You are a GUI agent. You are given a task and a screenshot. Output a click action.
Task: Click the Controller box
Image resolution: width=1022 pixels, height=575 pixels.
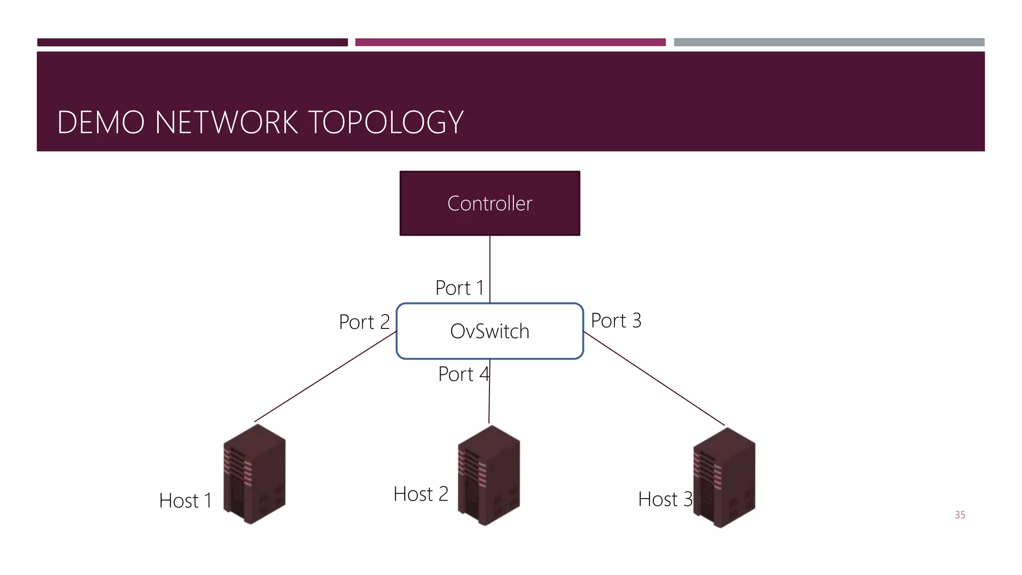[490, 203]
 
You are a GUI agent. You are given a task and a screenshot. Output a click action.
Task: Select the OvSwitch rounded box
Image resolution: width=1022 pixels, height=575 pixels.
[490, 331]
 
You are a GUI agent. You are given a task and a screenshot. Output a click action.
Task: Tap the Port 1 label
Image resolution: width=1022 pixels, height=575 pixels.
[459, 288]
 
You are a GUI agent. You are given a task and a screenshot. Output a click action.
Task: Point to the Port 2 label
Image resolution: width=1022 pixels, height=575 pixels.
[364, 322]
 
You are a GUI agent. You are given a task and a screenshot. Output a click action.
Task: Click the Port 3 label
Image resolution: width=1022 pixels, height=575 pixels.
[616, 320]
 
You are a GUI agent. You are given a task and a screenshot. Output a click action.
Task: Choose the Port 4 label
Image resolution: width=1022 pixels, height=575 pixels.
[463, 374]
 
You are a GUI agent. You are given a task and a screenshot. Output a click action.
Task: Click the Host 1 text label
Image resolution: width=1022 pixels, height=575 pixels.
[185, 501]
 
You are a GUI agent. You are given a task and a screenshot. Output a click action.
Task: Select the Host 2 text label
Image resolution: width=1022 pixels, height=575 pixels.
[421, 494]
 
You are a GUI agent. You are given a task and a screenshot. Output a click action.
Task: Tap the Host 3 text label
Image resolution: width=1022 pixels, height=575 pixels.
[665, 499]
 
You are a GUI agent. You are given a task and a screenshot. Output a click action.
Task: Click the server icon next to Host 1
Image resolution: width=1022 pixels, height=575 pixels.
[255, 474]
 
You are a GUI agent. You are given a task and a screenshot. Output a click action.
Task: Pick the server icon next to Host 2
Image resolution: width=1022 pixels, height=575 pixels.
[489, 475]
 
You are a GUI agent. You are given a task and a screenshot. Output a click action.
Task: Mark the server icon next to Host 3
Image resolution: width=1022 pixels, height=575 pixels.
[724, 478]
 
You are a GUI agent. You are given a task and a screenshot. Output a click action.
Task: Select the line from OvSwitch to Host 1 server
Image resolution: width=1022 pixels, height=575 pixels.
[324, 377]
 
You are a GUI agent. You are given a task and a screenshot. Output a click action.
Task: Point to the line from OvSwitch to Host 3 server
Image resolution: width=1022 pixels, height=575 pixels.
[654, 378]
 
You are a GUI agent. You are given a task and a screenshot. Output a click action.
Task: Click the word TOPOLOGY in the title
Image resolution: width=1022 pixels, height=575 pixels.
[386, 122]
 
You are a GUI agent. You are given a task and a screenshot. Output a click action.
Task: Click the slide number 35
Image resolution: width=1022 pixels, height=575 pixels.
[960, 515]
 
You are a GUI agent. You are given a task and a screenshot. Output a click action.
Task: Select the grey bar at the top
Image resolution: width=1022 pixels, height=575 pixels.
[829, 42]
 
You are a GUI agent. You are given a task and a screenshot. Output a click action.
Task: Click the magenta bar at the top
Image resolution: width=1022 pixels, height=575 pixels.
[510, 42]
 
